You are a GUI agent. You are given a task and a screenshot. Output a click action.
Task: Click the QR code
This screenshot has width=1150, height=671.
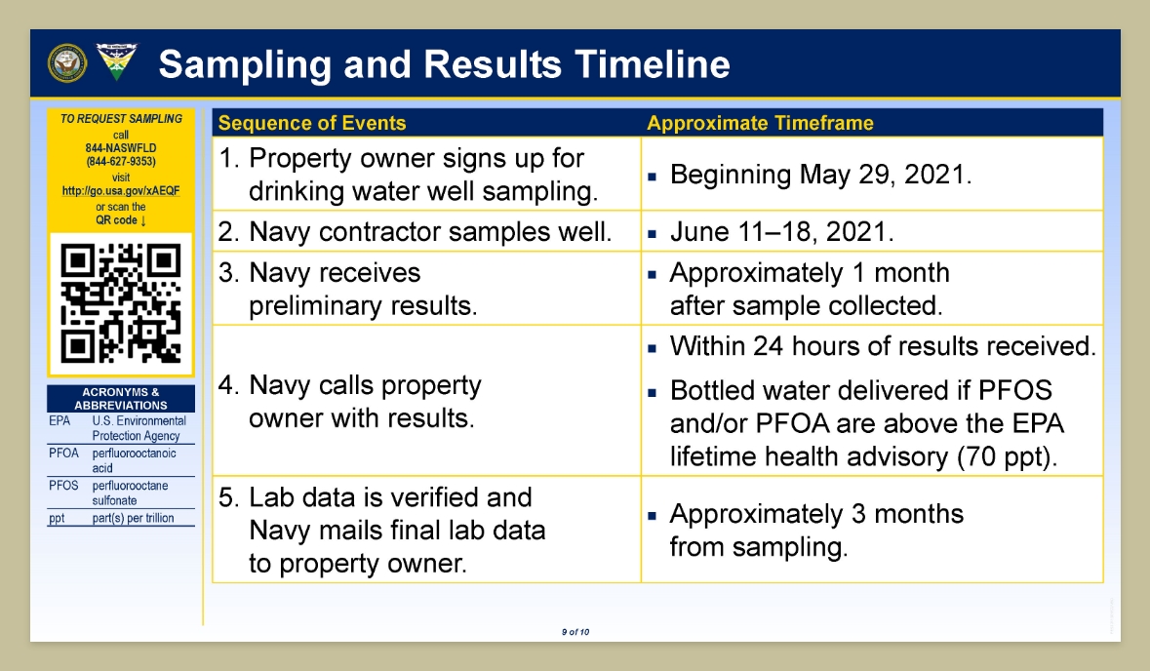click(121, 303)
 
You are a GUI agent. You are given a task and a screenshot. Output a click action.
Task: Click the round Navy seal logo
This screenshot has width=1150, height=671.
click(66, 63)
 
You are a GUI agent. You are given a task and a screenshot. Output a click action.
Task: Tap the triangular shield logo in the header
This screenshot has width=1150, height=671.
click(116, 61)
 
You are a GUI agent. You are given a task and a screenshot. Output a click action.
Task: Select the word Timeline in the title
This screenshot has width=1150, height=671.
click(652, 63)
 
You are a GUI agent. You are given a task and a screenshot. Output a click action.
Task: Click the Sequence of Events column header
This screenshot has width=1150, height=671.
click(312, 123)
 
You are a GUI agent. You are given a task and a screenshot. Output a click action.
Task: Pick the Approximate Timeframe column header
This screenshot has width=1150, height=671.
click(760, 123)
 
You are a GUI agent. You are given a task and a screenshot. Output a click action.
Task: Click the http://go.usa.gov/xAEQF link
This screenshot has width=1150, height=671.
click(121, 190)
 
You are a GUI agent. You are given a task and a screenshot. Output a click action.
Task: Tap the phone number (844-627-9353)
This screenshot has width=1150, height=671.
click(121, 161)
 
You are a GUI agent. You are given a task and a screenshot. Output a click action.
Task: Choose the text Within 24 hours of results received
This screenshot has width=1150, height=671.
click(883, 346)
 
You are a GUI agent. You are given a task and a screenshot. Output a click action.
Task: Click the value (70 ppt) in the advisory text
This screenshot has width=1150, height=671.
click(1007, 456)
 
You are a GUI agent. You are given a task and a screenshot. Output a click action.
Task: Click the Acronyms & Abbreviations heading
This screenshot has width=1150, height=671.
click(121, 398)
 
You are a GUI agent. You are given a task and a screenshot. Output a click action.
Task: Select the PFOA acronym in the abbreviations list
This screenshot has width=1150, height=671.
click(63, 454)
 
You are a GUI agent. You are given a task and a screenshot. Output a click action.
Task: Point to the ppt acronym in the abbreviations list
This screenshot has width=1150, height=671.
click(57, 518)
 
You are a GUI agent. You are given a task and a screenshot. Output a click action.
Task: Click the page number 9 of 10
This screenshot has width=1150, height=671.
click(575, 631)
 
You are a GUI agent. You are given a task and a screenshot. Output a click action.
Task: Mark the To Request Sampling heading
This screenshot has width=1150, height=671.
click(121, 119)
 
